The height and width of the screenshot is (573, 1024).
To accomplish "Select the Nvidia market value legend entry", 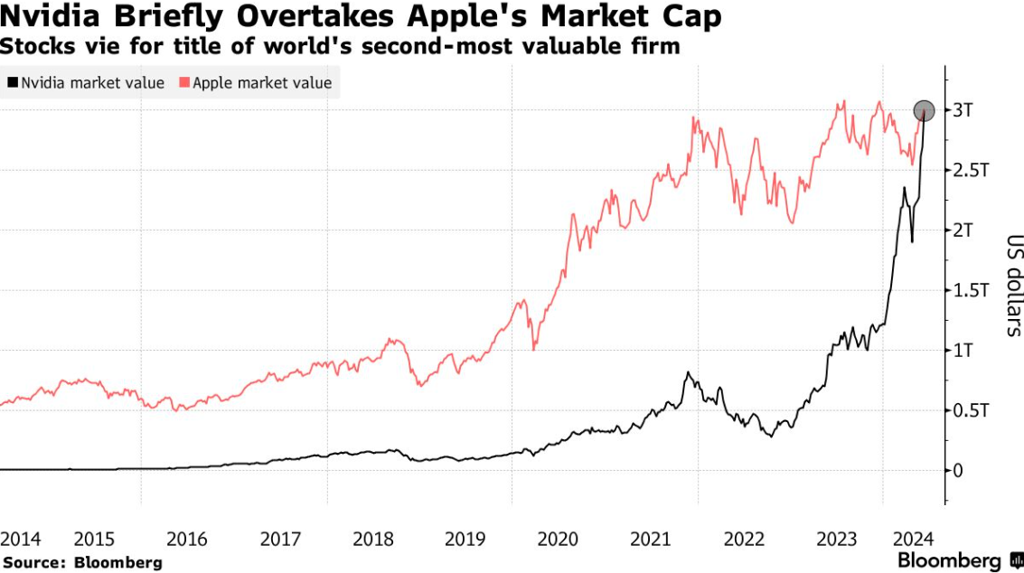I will [86, 83].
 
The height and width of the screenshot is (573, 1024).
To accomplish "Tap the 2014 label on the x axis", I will [21, 539].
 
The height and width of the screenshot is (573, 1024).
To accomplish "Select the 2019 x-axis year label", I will [465, 539].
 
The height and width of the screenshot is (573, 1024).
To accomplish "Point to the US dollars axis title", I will [1012, 286].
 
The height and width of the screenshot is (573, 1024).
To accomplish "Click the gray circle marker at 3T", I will [924, 111].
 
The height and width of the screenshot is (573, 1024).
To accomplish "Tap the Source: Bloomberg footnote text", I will [82, 561].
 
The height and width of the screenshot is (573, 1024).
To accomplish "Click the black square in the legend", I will [12, 83].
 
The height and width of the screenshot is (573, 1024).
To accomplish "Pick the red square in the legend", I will [184, 83].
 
